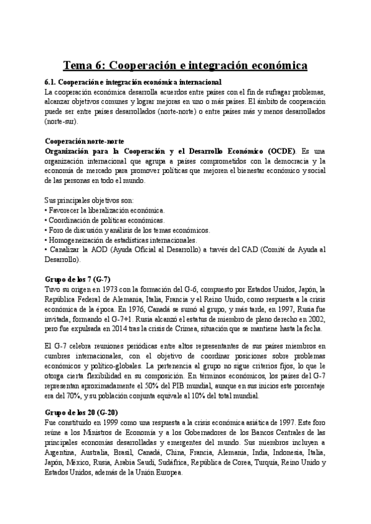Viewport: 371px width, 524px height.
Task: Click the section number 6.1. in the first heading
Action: (x=52, y=82)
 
